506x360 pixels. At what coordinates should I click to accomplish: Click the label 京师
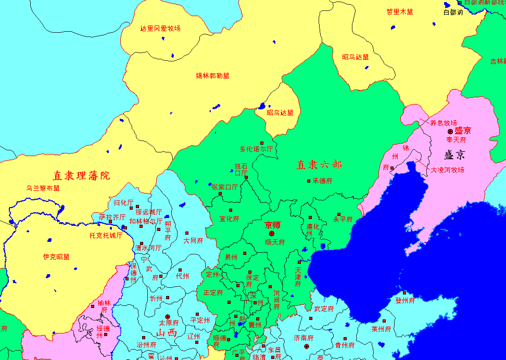point(273,225)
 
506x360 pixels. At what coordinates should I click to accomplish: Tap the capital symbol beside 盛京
point(450,132)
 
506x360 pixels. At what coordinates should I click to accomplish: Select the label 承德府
point(322,181)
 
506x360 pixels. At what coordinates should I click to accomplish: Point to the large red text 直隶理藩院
point(81,175)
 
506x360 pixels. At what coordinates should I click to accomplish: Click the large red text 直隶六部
point(319,165)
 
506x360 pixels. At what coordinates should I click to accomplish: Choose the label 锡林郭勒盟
point(212,76)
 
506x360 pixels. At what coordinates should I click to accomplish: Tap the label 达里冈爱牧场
point(160,28)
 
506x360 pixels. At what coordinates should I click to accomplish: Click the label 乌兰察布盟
point(43,188)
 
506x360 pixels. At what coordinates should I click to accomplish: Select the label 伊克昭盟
point(56,257)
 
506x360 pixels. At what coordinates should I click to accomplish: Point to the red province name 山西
point(167,333)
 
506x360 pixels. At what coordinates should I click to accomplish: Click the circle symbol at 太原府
point(168,316)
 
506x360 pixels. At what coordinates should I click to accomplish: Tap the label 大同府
point(193,241)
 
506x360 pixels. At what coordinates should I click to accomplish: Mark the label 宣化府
point(229,218)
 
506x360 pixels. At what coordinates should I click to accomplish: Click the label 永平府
point(343,220)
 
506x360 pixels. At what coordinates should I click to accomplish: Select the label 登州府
point(405,301)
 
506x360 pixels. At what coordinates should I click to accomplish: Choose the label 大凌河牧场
point(447,170)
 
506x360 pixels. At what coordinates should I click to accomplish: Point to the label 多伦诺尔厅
point(256,149)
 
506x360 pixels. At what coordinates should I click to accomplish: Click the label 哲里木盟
point(399,11)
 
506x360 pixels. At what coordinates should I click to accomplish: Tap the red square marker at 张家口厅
point(220,194)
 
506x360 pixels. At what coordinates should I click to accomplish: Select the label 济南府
point(303,338)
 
